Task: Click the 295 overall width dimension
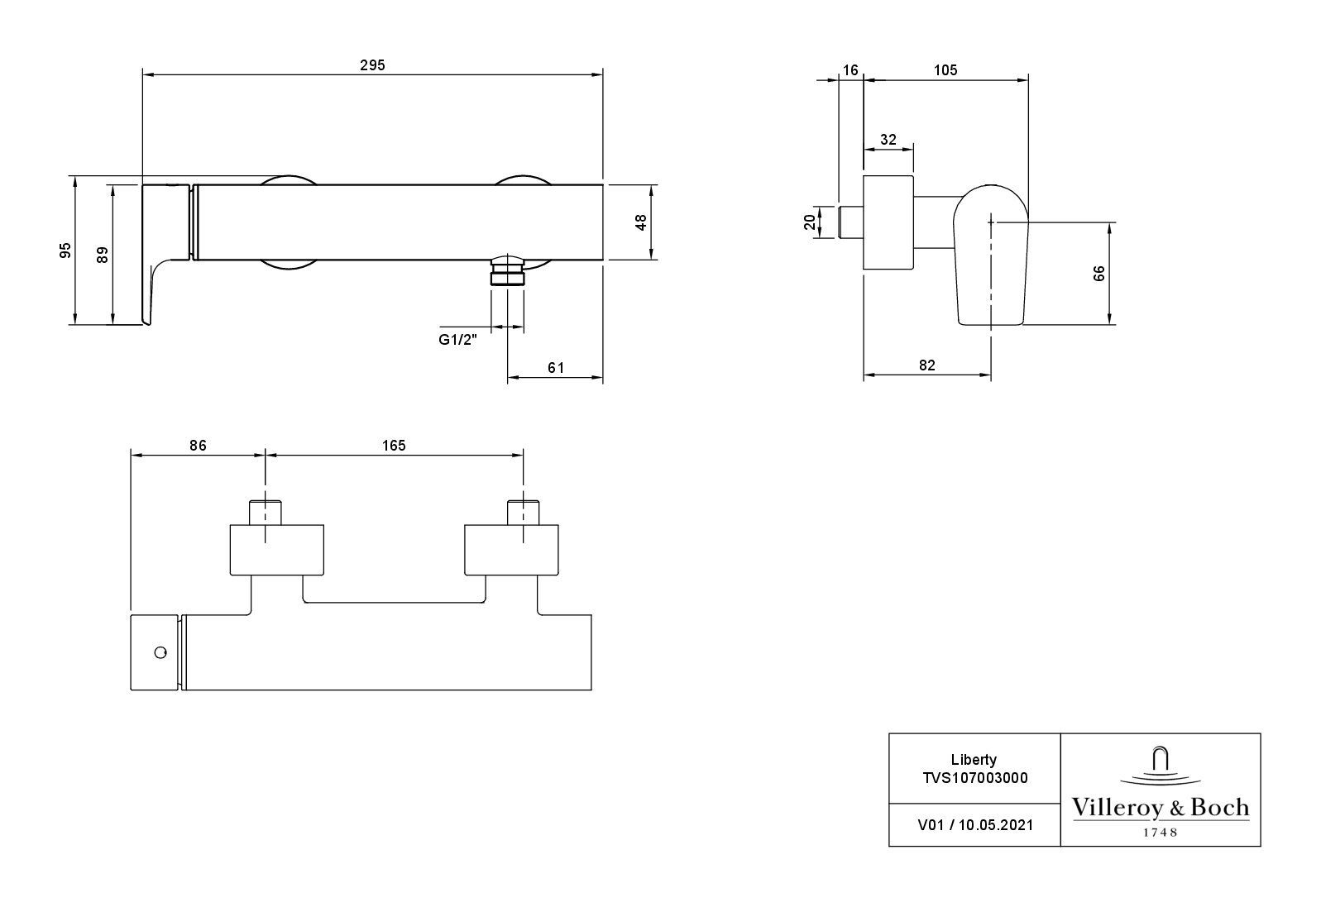pos(372,64)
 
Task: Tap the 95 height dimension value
pos(66,250)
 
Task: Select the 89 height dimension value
pos(103,255)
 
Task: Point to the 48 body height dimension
pos(640,222)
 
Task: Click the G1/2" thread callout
pos(457,339)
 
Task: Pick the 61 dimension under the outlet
pos(556,368)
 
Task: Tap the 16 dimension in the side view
pos(851,70)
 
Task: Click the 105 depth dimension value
pos(945,70)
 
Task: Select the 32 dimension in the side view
pos(888,140)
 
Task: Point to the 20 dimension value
pos(811,221)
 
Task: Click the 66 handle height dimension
pos(1098,273)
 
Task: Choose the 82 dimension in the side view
pos(926,365)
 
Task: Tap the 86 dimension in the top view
pos(197,445)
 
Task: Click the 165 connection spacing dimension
pos(394,445)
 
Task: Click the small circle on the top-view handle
pos(160,652)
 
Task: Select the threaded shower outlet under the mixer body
pos(507,271)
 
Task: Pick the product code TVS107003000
pos(974,777)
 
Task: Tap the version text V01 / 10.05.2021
pos(974,824)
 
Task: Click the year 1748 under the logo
pos(1161,832)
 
